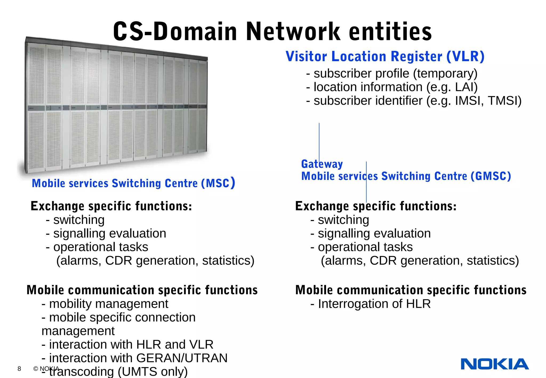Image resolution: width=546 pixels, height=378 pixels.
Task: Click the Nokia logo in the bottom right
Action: point(495,364)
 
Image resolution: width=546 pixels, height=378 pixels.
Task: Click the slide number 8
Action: point(19,369)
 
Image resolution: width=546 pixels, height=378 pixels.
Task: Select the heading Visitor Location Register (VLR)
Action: point(385,57)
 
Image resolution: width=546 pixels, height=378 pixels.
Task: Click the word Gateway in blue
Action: point(322,164)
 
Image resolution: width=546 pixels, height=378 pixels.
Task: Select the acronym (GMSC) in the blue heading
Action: point(491,176)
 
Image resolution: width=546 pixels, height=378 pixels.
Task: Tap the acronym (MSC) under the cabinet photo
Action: point(218,183)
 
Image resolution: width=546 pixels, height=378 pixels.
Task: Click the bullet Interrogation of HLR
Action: point(371,304)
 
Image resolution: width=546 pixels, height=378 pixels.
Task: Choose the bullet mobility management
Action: point(105,304)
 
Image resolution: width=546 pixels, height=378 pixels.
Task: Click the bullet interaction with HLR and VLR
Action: point(127,344)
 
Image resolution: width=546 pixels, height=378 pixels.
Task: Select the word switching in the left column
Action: point(79,220)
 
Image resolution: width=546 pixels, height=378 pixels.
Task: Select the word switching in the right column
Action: point(343,220)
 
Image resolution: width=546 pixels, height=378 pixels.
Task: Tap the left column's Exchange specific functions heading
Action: point(111,206)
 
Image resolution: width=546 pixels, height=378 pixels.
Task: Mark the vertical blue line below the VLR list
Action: point(319,141)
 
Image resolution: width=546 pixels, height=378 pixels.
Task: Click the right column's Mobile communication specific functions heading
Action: point(411,290)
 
